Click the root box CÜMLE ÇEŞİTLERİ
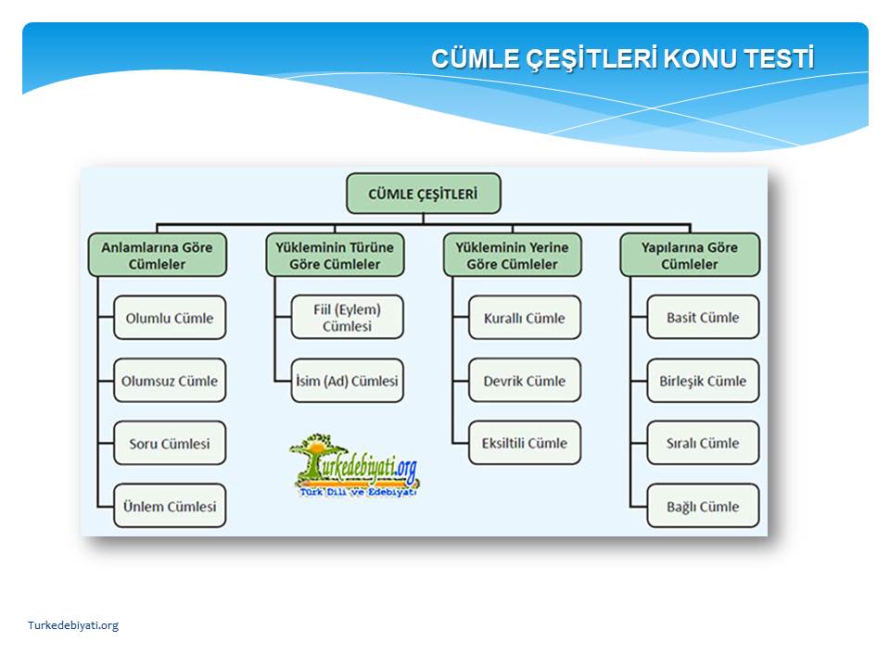(424, 194)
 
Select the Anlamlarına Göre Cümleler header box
(158, 256)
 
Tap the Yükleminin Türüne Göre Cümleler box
(335, 256)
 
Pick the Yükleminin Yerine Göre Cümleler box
(512, 256)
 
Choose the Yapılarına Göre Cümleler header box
(690, 256)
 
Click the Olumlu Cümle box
(170, 318)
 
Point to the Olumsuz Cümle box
(170, 381)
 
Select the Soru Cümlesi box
(170, 443)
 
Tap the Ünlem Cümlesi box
(170, 506)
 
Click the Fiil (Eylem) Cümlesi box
(348, 317)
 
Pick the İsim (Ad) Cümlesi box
(348, 381)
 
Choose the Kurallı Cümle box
(525, 318)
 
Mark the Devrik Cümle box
(525, 381)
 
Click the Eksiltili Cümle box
(525, 443)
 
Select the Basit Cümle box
(703, 317)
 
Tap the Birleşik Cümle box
(703, 381)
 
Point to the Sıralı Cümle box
(703, 443)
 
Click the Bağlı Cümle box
(703, 506)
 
